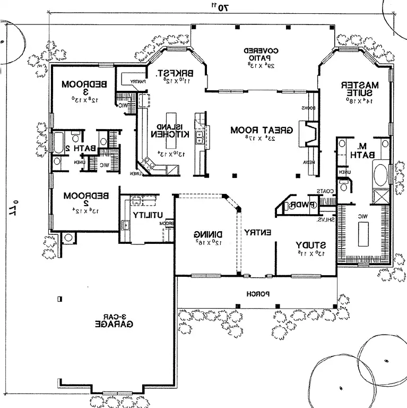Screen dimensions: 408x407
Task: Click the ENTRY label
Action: click(x=258, y=232)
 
